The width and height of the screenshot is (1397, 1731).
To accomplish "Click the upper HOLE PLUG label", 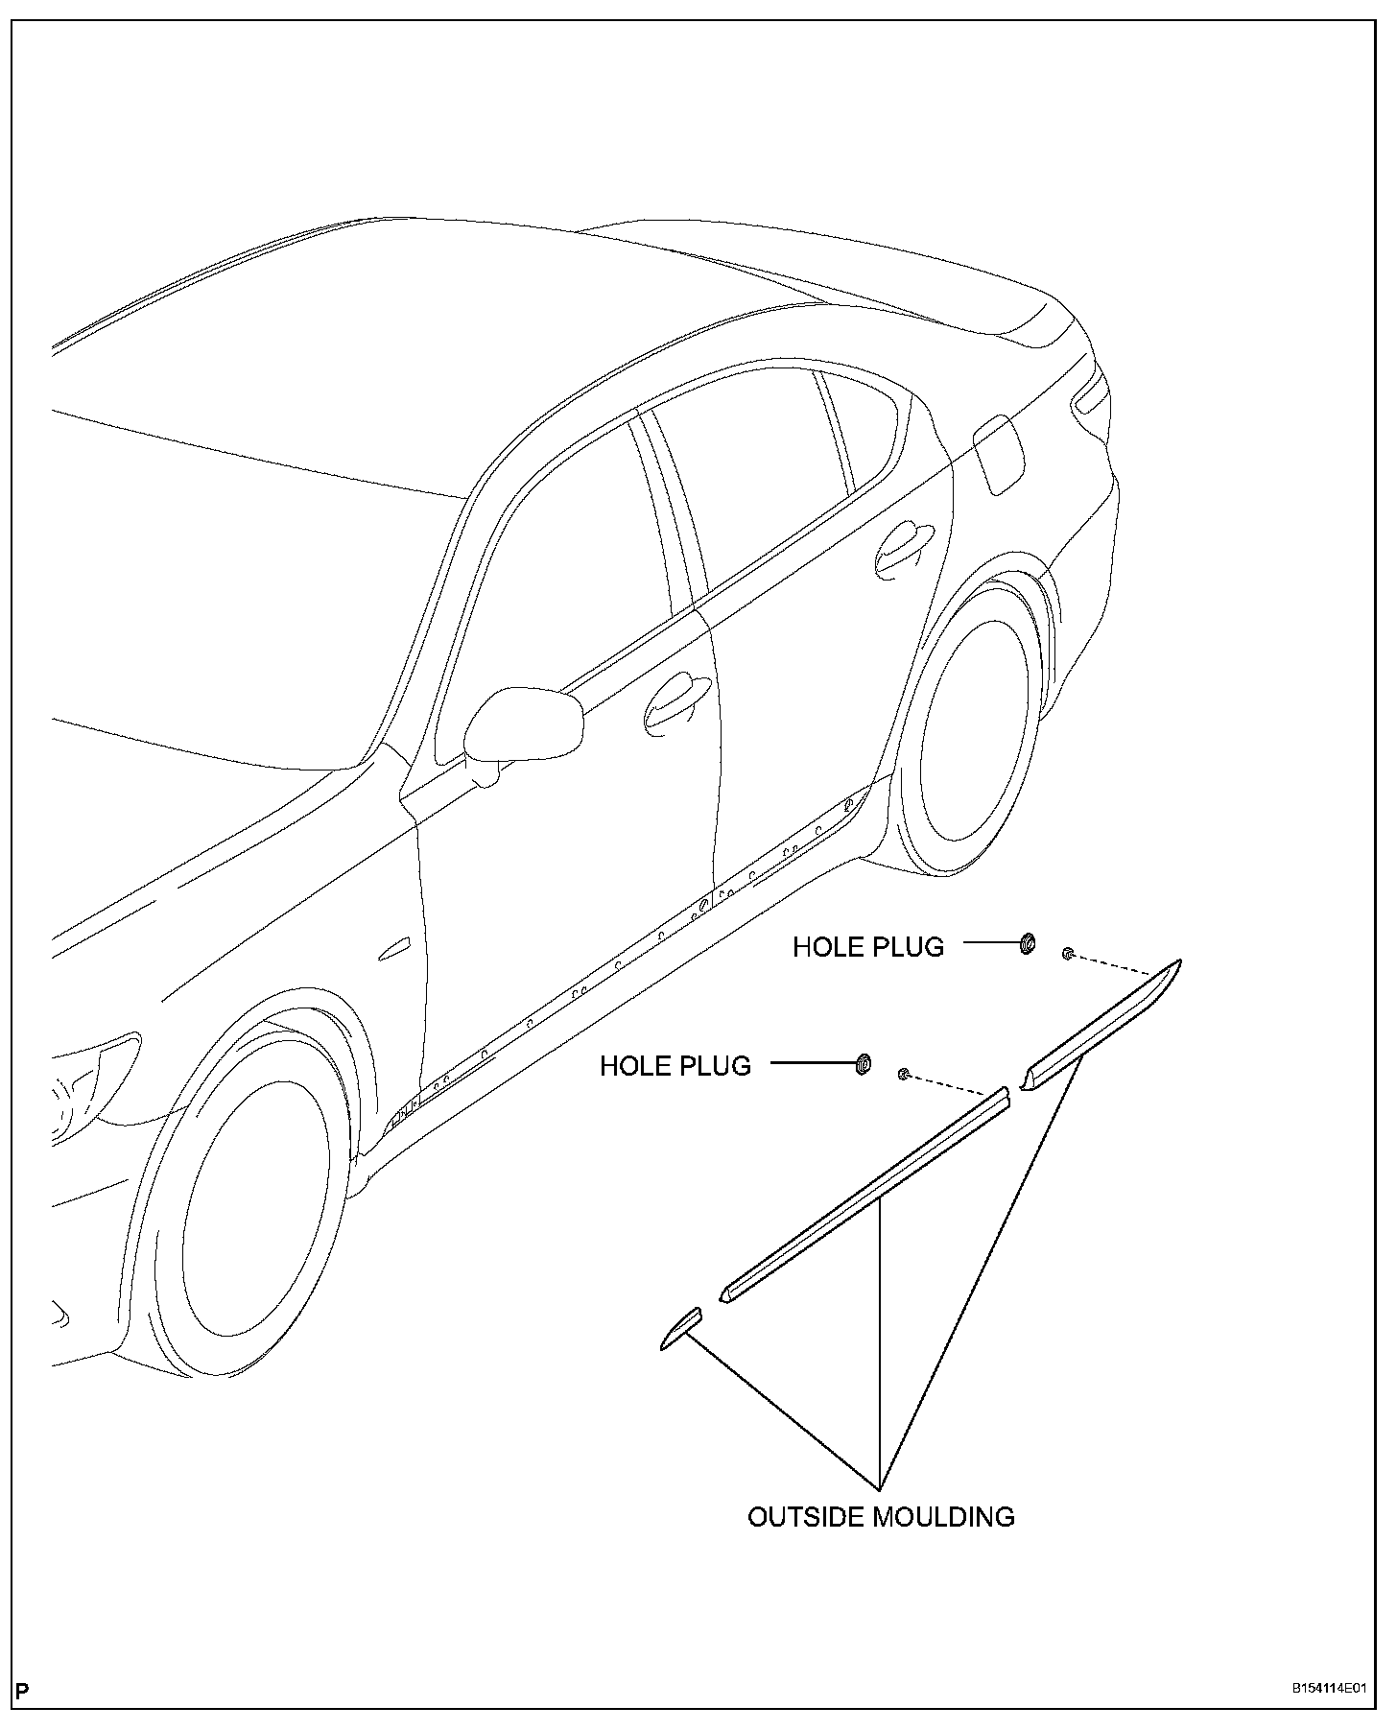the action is tap(867, 947).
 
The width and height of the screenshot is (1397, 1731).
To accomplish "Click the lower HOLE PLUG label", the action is tap(675, 1066).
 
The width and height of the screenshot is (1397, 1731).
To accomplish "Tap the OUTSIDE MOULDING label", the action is tap(881, 1517).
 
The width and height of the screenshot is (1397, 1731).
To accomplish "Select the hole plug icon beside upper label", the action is tap(1027, 944).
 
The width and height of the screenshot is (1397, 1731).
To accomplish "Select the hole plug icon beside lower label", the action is tap(863, 1063).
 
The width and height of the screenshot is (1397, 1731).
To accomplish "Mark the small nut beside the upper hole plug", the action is tap(1068, 954).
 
